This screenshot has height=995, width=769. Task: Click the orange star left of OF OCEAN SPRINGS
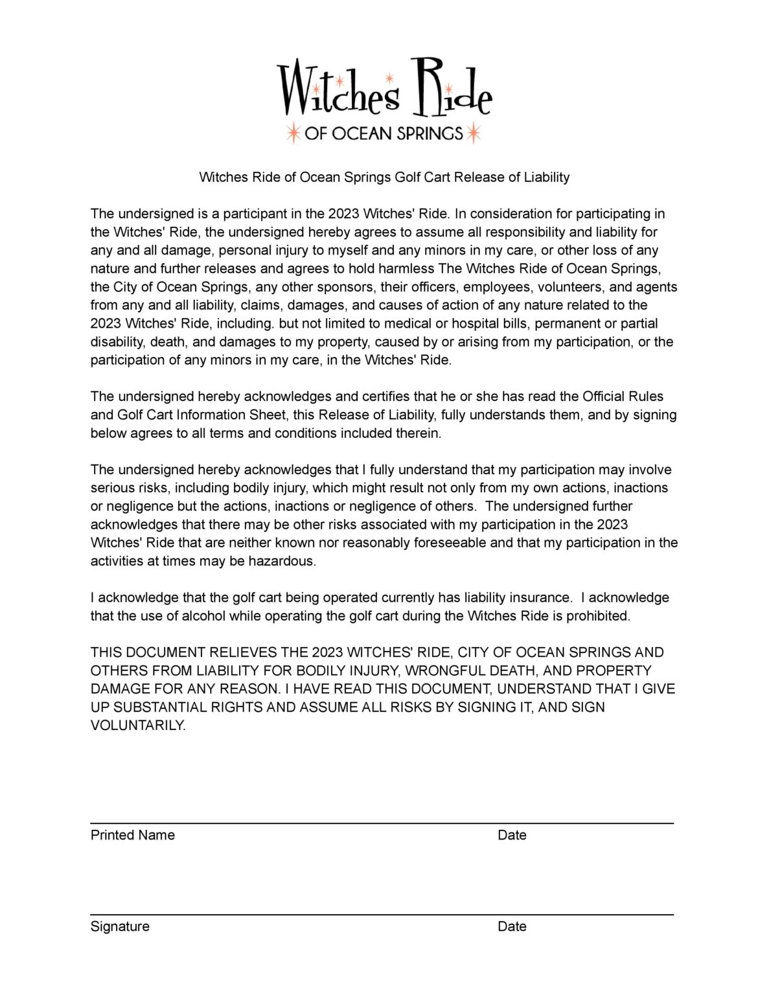click(293, 133)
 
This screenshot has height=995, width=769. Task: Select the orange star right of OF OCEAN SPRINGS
click(474, 133)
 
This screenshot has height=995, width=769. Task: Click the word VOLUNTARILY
click(138, 726)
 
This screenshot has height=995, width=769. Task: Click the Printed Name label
click(133, 835)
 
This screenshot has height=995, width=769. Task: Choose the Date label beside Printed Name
click(512, 835)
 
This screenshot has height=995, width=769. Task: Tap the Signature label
click(120, 926)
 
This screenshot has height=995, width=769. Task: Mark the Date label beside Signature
click(512, 926)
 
